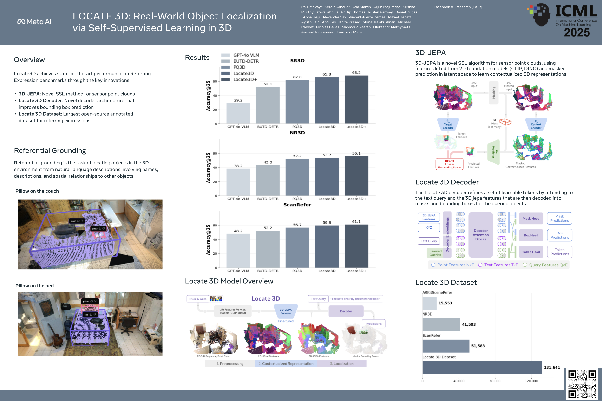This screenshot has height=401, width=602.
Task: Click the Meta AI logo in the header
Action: (x=34, y=22)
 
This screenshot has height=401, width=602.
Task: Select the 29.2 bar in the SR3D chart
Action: (x=238, y=113)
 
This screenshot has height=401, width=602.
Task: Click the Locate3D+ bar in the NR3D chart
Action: (x=356, y=176)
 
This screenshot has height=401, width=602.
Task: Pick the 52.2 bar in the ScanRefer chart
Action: (x=268, y=249)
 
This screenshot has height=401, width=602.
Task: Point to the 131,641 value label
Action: (x=552, y=367)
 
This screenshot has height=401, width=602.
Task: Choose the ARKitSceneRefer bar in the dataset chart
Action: (x=429, y=303)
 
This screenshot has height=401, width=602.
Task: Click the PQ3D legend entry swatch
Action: (x=225, y=67)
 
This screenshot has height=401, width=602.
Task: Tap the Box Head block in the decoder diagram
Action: (x=531, y=235)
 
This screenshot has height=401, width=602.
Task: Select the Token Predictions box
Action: (x=560, y=252)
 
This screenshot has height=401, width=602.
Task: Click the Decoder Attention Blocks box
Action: (x=480, y=235)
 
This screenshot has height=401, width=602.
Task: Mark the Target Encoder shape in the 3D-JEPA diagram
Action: (x=448, y=124)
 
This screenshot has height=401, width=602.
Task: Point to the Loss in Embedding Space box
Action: (x=449, y=164)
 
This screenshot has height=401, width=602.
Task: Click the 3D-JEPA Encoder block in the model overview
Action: (x=286, y=311)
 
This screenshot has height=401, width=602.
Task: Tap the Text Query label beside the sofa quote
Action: (x=318, y=299)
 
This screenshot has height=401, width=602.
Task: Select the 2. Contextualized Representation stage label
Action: (x=286, y=364)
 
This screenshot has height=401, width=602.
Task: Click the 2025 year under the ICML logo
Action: (x=577, y=32)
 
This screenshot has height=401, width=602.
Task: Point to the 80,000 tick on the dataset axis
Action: (x=495, y=381)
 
